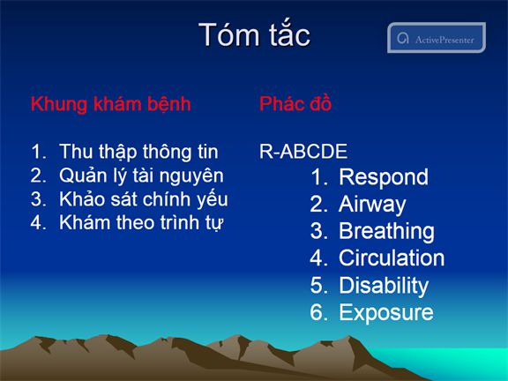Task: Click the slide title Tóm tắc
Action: pos(254,34)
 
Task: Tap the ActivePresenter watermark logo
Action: pos(437,38)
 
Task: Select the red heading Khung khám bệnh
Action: pos(111,104)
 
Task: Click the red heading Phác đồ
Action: pos(295,104)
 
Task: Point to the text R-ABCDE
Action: pos(303,152)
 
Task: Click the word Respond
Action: pos(384,178)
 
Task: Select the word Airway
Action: pos(372,205)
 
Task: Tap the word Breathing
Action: pos(386,232)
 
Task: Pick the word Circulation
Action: pos(392,258)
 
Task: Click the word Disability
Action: pos(384,286)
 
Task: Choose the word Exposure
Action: pos(386,312)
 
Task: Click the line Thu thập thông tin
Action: pos(138,152)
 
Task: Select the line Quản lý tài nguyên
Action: pos(141,176)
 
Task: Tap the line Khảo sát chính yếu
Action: pos(144,199)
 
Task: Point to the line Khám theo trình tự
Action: pos(141,223)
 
